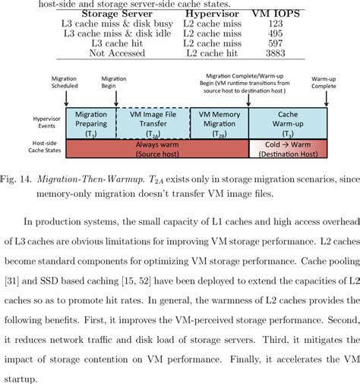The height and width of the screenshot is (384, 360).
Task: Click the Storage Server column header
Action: point(115,14)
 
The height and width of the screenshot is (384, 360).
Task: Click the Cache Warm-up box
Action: point(288,122)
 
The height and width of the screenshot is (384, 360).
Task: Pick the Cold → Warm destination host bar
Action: point(288,148)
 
